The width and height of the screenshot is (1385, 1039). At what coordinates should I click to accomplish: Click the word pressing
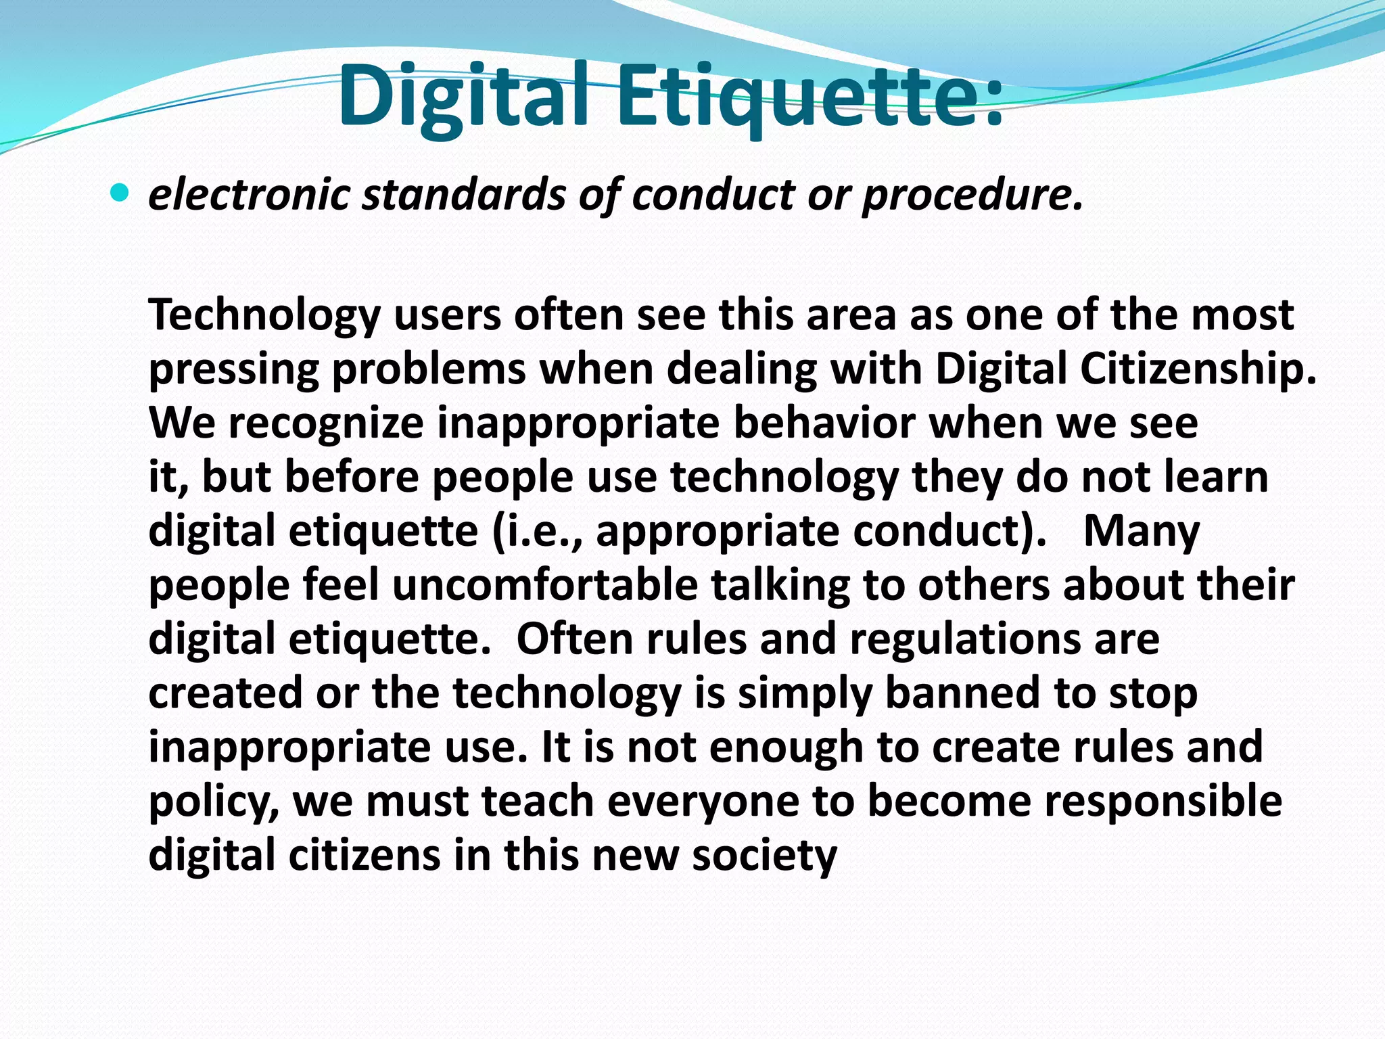(233, 371)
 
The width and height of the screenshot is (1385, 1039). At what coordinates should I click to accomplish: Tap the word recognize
(326, 423)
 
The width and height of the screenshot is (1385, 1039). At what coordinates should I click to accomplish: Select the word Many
(1142, 532)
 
